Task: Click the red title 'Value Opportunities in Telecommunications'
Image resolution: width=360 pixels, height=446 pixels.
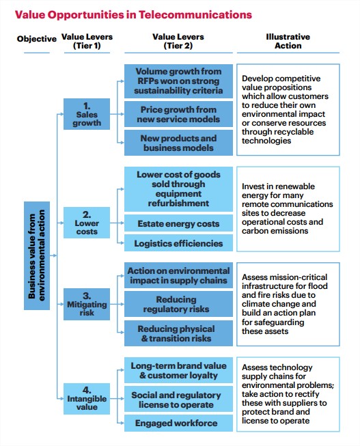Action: [x=133, y=14]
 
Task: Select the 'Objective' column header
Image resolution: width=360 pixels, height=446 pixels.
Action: [x=37, y=39]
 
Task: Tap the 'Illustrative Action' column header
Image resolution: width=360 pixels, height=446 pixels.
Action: [x=288, y=41]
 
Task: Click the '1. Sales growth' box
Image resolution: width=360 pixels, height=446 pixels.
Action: [x=87, y=114]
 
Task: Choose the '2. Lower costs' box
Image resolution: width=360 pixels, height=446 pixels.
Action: [x=87, y=223]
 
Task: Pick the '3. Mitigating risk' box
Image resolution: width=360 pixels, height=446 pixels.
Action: [x=87, y=304]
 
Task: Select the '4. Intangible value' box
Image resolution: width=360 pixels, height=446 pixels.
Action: [x=87, y=398]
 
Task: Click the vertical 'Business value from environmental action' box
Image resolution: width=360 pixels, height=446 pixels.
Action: [x=37, y=255]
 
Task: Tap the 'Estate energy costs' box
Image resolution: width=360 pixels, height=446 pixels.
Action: [x=178, y=223]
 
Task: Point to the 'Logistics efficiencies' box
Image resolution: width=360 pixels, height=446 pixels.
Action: [x=178, y=243]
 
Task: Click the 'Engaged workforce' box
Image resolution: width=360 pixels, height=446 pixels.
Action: [x=178, y=423]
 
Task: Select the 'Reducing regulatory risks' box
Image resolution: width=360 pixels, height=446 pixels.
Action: [x=178, y=304]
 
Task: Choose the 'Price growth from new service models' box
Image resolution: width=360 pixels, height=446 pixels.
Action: [x=178, y=114]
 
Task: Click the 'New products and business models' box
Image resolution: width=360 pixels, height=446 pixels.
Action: [x=178, y=143]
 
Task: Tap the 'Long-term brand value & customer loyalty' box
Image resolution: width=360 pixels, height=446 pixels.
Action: [x=178, y=370]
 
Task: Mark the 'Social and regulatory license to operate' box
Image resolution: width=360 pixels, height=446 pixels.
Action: [x=178, y=399]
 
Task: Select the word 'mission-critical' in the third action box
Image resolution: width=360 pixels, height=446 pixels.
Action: [x=299, y=277]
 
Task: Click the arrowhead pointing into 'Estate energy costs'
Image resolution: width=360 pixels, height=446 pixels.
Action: [x=122, y=223]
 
